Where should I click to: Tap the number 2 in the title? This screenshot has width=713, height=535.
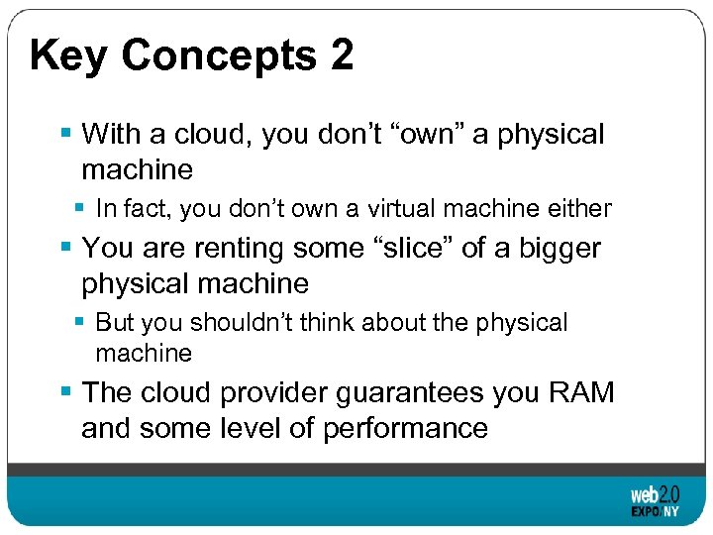(x=341, y=55)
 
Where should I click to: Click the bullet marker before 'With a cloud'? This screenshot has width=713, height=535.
(x=65, y=133)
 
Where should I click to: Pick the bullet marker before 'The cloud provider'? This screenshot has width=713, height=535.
(x=65, y=392)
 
